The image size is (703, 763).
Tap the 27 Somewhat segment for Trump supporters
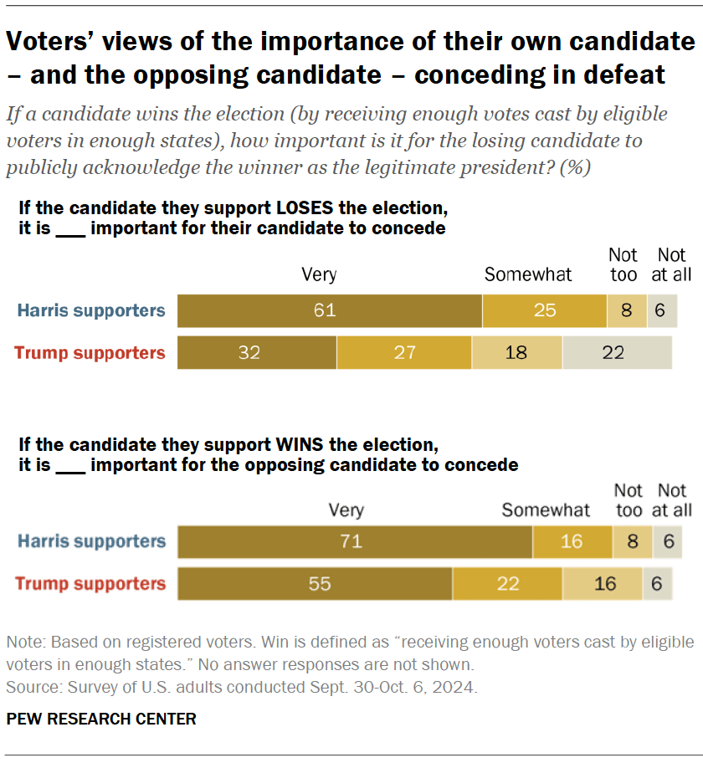click(404, 352)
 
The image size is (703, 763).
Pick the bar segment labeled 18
click(516, 352)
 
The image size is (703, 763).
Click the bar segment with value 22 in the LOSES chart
click(616, 352)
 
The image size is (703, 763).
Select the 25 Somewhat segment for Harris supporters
click(544, 310)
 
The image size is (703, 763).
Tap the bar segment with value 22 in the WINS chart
click(507, 583)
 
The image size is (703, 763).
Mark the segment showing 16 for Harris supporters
click(572, 541)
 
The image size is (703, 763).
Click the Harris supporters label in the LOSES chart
click(91, 311)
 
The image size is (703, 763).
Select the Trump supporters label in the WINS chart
click(90, 583)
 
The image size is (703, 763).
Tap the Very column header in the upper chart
click(319, 274)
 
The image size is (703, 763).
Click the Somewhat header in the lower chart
click(546, 510)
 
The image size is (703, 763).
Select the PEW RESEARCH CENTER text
click(101, 719)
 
